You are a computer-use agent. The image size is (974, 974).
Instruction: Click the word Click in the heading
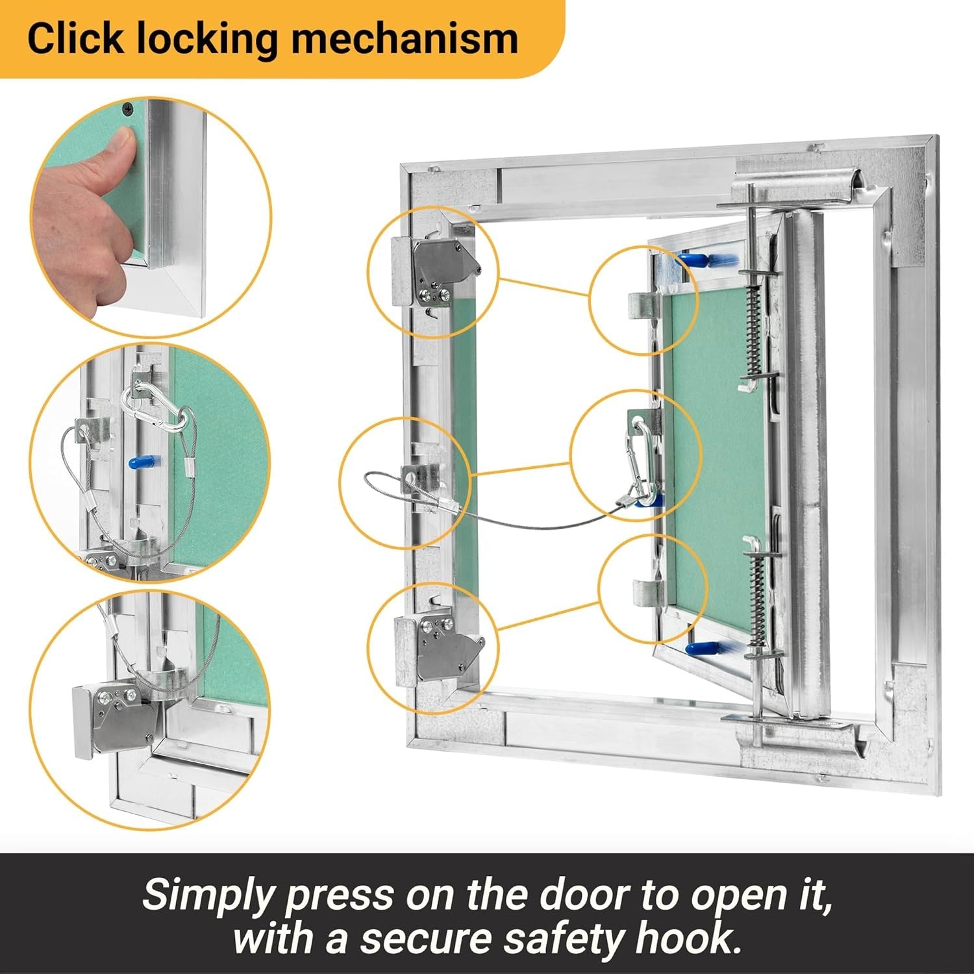pyautogui.click(x=75, y=39)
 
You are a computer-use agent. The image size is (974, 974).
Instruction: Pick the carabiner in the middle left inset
pyautogui.click(x=156, y=410)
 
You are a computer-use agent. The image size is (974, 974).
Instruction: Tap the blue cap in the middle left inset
pyautogui.click(x=139, y=462)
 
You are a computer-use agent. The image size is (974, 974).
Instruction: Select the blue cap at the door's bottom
pyautogui.click(x=703, y=649)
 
